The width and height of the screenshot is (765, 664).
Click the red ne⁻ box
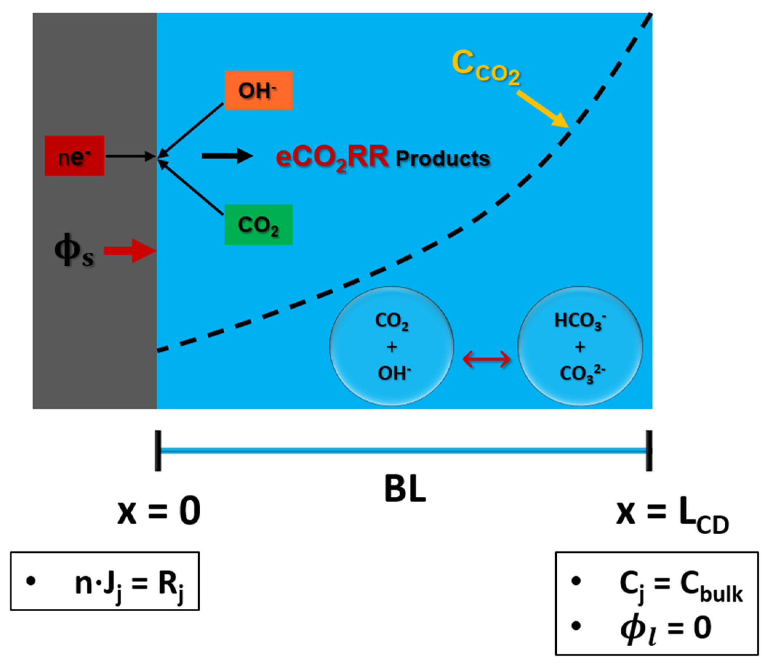click(x=74, y=156)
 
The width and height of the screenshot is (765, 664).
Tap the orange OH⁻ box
click(x=259, y=90)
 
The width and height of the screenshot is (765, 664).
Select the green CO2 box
click(x=259, y=225)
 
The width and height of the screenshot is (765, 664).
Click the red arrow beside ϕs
click(x=130, y=251)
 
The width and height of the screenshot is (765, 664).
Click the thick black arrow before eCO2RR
click(x=227, y=156)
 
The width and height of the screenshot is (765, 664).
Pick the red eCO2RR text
click(x=332, y=157)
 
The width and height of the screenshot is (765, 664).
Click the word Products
click(x=442, y=159)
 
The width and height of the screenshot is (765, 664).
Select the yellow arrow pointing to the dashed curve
click(x=542, y=109)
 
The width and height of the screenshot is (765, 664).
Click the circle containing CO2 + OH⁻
click(x=392, y=346)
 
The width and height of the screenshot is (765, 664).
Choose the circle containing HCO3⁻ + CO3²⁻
click(x=580, y=346)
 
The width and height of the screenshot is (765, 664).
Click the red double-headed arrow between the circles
click(x=486, y=359)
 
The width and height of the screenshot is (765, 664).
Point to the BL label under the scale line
click(x=405, y=489)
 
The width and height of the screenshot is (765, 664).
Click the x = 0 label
click(x=159, y=511)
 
